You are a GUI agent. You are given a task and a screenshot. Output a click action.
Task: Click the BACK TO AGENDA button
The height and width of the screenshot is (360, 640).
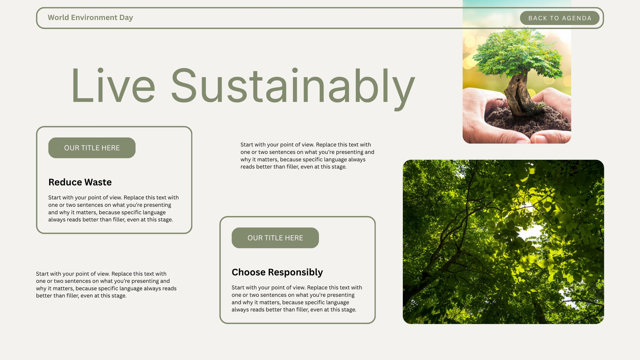tap(560, 18)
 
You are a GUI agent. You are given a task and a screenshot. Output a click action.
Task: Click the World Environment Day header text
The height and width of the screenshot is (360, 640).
tap(90, 18)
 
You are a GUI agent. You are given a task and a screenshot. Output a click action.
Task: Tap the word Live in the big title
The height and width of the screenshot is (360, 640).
tap(113, 85)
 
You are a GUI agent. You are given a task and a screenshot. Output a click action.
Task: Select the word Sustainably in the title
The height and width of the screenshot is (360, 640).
tap(293, 88)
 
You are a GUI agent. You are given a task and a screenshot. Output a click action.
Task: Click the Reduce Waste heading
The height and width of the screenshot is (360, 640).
tap(80, 182)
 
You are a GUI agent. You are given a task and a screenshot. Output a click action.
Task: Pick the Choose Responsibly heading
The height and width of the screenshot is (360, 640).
tap(277, 272)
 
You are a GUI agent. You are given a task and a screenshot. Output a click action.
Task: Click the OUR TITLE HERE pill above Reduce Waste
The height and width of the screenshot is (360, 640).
tap(92, 148)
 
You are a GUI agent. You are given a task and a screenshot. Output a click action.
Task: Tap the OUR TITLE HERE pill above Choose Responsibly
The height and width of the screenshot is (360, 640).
tap(275, 238)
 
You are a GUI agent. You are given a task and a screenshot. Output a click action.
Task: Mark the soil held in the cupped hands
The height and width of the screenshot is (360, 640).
tap(528, 120)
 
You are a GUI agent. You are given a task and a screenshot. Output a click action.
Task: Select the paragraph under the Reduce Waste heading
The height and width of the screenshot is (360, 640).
tap(114, 208)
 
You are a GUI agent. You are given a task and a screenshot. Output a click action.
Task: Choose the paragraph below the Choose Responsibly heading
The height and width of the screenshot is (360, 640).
tap(297, 298)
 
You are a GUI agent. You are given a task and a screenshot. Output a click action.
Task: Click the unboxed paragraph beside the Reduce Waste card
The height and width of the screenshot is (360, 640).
tap(307, 156)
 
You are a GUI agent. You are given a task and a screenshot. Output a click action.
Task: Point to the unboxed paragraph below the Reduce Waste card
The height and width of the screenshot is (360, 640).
tap(106, 284)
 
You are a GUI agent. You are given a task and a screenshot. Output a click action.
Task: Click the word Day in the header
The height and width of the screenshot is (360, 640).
tap(126, 18)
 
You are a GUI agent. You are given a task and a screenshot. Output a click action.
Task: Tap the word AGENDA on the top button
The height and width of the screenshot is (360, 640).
tap(576, 18)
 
